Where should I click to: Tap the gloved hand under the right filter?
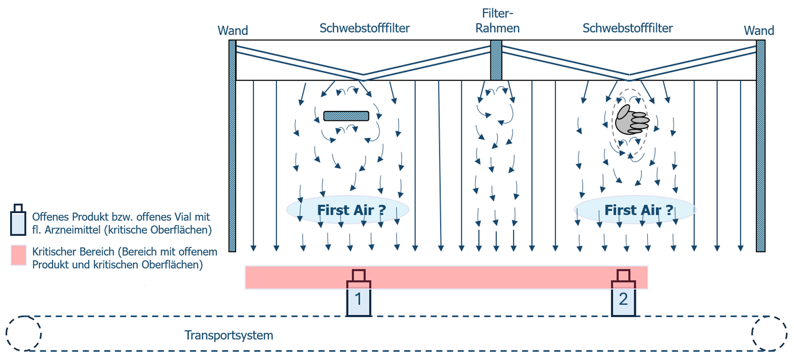pos(631,120)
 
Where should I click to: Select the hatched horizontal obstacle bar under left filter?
pos(346,116)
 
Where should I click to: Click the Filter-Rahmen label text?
pos(497,21)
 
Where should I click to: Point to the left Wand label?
pos(233,31)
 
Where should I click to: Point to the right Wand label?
pos(759,31)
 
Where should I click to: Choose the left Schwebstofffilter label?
pos(365,28)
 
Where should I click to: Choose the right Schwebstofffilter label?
pos(628,28)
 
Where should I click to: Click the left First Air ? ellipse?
pos(347,210)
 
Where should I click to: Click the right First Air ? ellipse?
pos(635,210)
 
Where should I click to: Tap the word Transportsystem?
pos(229,335)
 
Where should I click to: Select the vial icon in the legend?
pos(18,221)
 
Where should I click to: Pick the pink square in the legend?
pos(18,255)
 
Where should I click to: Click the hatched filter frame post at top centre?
pos(496,60)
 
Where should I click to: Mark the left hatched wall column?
pos(232,145)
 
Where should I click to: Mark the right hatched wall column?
pos(760,145)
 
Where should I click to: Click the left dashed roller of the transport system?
pos(24,334)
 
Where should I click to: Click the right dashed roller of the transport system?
pos(769,334)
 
